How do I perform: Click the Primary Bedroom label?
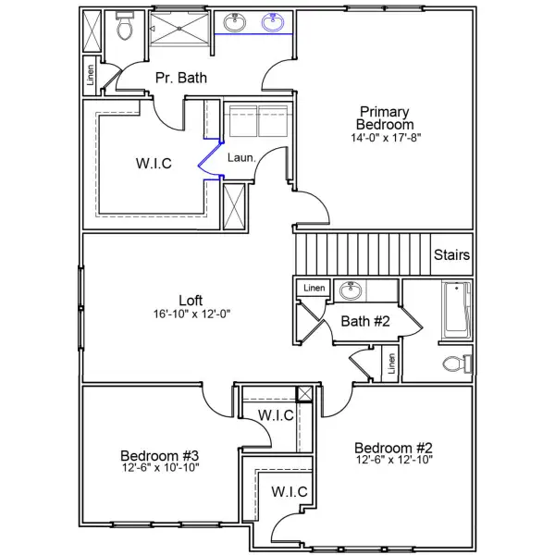(x=386, y=117)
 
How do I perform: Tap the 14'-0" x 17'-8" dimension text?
(x=386, y=138)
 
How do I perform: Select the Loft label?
(x=191, y=301)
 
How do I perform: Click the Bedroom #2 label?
(x=394, y=445)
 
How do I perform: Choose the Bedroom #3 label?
(x=160, y=455)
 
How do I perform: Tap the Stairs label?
(x=451, y=255)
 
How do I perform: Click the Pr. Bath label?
(x=180, y=78)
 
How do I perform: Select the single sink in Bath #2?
(x=351, y=291)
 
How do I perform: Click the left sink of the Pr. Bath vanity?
(x=233, y=23)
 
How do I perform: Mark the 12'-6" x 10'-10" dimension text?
(x=160, y=468)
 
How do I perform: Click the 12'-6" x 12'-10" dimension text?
(x=394, y=459)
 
